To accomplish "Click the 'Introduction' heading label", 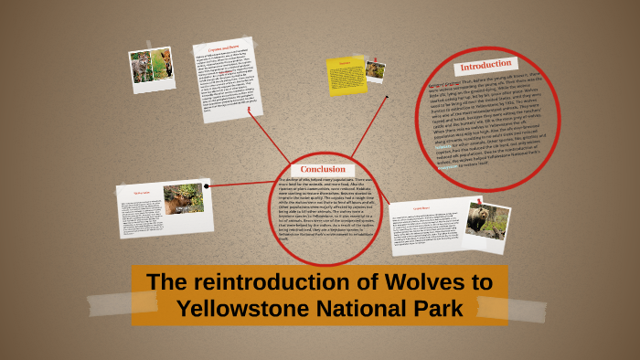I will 485,67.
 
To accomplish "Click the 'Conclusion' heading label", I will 323,169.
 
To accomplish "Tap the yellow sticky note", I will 346,76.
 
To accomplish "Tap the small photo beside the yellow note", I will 375,70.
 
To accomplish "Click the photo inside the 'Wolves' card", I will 183,198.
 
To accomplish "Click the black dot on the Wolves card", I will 208,185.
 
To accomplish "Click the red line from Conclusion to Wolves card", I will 240,185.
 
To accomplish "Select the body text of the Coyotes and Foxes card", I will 224,82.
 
